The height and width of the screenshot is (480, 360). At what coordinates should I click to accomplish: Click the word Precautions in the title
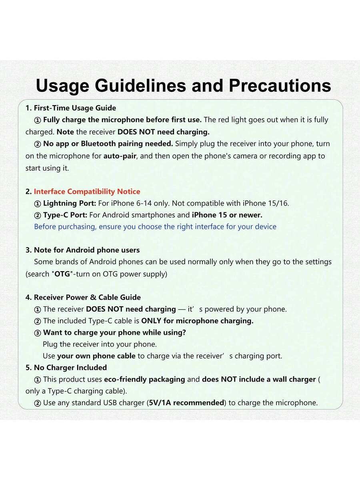point(280,86)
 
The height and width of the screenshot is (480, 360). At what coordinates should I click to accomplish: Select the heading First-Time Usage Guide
point(75,108)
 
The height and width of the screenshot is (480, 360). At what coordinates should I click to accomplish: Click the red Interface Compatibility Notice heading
point(87,192)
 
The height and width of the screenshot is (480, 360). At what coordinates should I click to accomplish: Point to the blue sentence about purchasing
point(155,227)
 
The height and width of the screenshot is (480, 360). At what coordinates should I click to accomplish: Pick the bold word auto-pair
point(120,156)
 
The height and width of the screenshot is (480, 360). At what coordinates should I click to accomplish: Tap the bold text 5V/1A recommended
point(186,403)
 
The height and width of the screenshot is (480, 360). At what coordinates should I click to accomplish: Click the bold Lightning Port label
point(69,203)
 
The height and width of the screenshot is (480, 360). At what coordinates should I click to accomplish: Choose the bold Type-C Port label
point(65,215)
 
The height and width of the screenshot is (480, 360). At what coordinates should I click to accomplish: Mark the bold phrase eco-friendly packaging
point(144,379)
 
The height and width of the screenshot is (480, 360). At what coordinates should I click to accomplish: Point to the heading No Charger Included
point(70,368)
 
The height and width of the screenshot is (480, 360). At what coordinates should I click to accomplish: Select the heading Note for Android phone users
point(86,250)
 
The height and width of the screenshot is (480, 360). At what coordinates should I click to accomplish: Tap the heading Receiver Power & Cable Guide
point(87,298)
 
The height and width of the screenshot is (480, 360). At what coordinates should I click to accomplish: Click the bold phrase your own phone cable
point(96,356)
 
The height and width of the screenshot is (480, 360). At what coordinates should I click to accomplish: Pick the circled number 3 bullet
point(38,333)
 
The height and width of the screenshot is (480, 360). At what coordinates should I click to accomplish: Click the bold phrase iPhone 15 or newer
point(227,215)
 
